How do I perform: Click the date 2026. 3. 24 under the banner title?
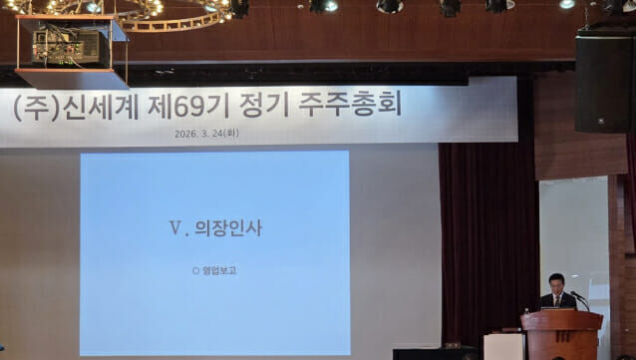(x=204, y=134)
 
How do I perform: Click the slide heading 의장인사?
(x=228, y=227)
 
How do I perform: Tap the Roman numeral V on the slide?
(x=175, y=227)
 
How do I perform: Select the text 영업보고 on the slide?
(x=219, y=270)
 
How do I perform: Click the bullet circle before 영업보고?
(x=196, y=270)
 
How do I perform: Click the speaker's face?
(x=556, y=283)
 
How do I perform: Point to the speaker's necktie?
(x=557, y=298)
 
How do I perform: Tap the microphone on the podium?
(x=578, y=295)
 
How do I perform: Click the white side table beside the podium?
(x=502, y=345)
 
